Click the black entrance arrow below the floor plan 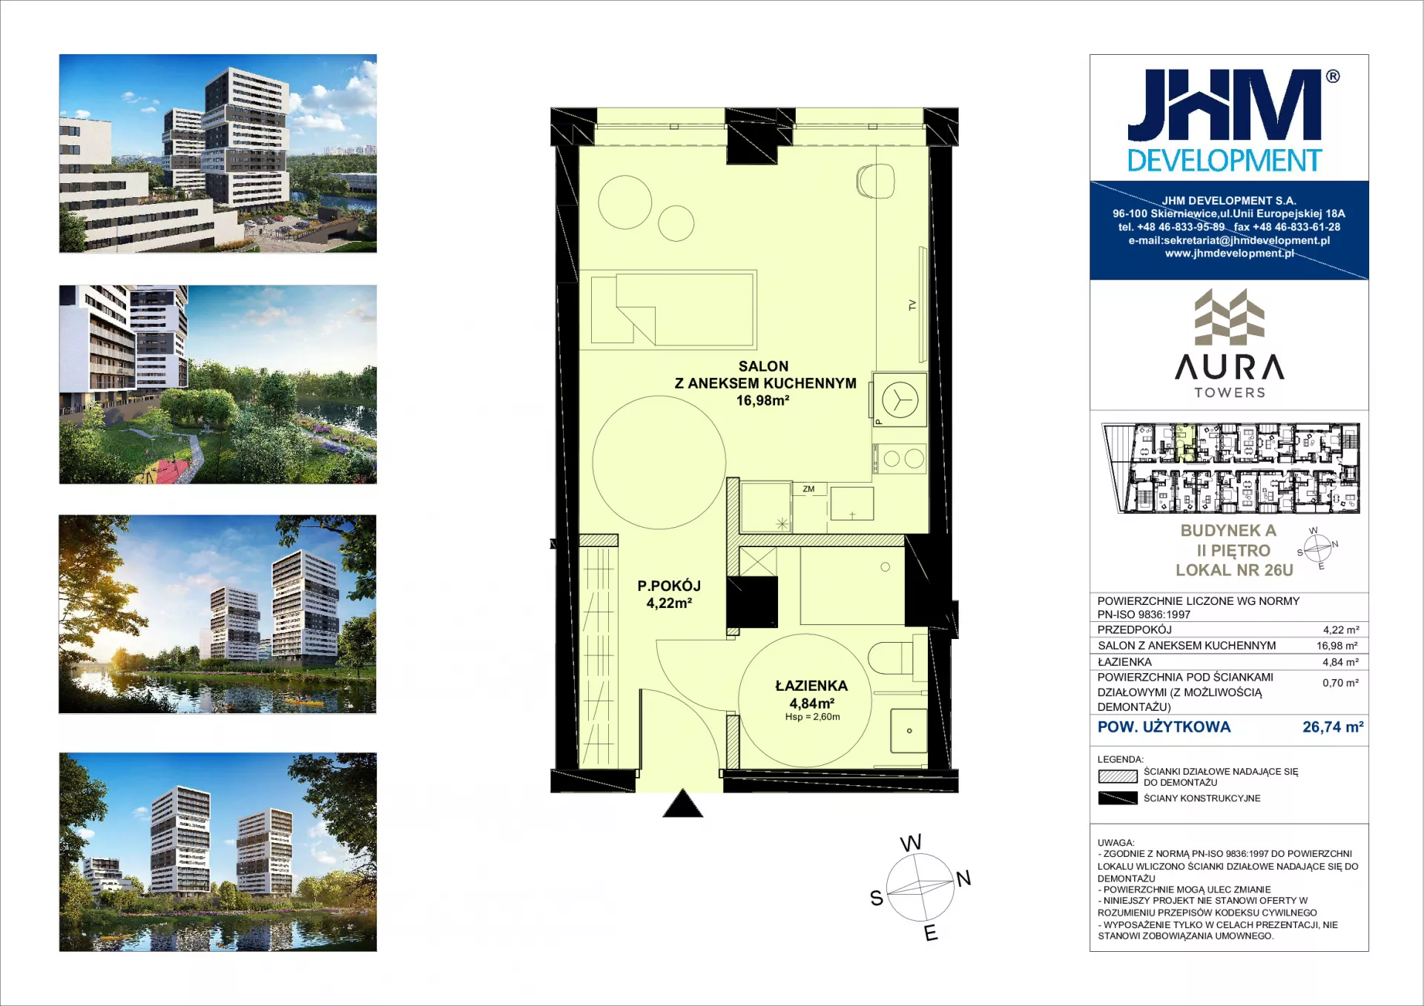click(x=682, y=804)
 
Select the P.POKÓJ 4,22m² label click(x=669, y=594)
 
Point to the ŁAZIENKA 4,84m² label click(x=811, y=695)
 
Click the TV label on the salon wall click(x=912, y=305)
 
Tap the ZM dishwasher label click(x=808, y=489)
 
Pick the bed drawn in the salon click(x=673, y=309)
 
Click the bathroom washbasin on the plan click(x=909, y=730)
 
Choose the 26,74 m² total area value click(x=1333, y=727)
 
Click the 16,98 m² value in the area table click(x=1337, y=646)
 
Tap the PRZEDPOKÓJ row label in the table click(x=1135, y=630)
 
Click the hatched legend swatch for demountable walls click(x=1118, y=777)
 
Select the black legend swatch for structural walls click(x=1118, y=798)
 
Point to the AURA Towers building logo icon click(x=1229, y=317)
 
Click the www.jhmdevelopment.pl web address click(x=1229, y=254)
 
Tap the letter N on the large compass click(x=963, y=879)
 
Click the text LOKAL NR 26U click(x=1234, y=570)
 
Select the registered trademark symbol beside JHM click(x=1333, y=76)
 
